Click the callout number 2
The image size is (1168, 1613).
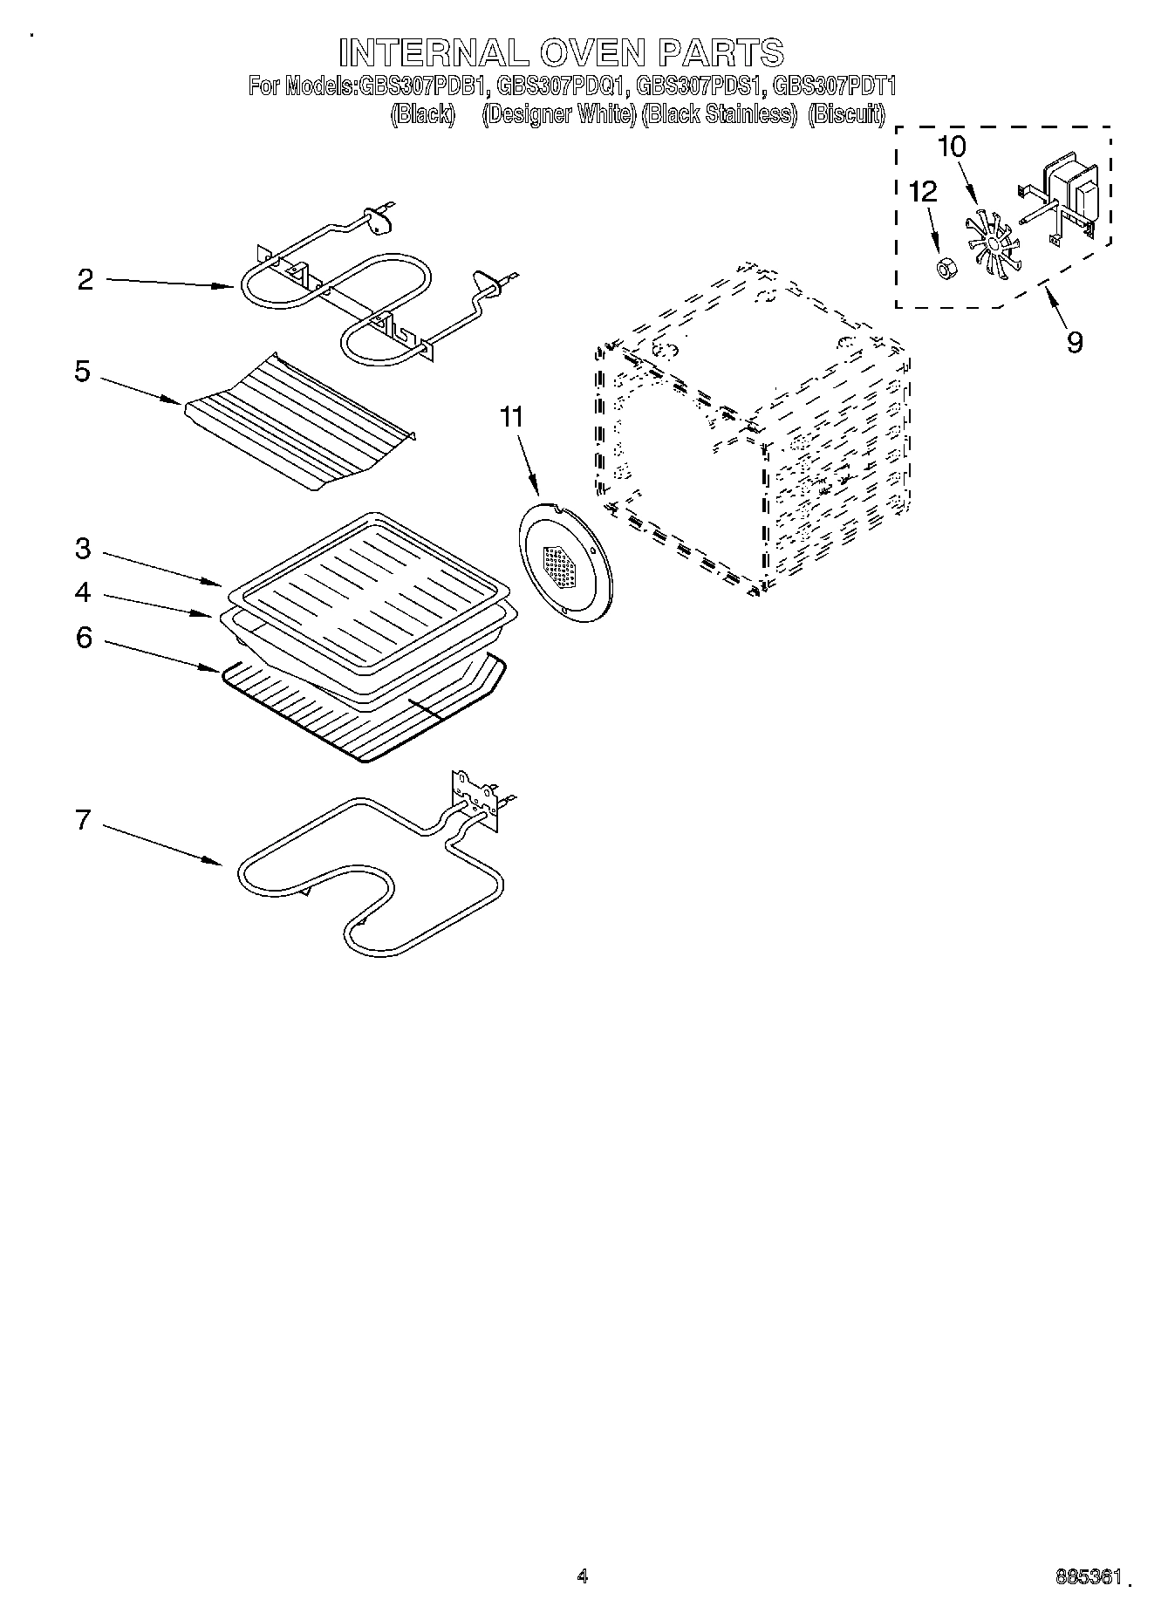pyautogui.click(x=85, y=280)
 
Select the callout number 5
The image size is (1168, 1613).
pyautogui.click(x=82, y=372)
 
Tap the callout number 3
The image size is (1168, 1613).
pyautogui.click(x=82, y=549)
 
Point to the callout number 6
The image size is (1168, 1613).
pyautogui.click(x=84, y=638)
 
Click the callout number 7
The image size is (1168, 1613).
pyautogui.click(x=83, y=820)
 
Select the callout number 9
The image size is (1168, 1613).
pyautogui.click(x=1075, y=341)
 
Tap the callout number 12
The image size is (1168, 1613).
pyautogui.click(x=923, y=191)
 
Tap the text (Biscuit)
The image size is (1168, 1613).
pyautogui.click(x=846, y=113)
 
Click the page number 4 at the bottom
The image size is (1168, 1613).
pyautogui.click(x=583, y=1576)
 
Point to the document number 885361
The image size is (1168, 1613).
pyautogui.click(x=1087, y=1577)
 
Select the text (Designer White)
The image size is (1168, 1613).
pyautogui.click(x=559, y=113)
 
